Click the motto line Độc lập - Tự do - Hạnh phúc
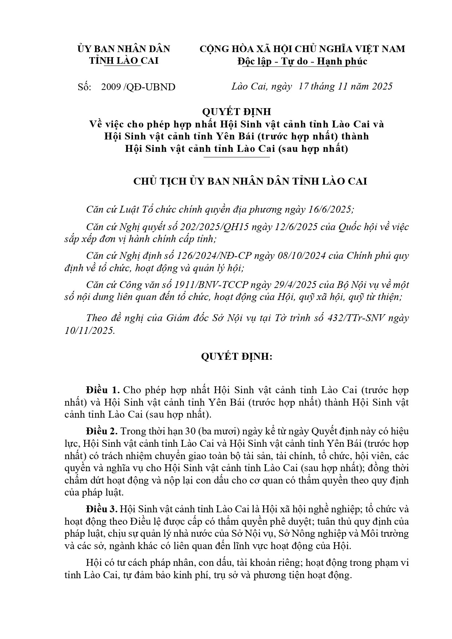click(302, 61)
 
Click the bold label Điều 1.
click(103, 390)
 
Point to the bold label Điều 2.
click(102, 431)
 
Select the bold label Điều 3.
click(102, 509)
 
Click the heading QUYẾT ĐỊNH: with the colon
click(237, 357)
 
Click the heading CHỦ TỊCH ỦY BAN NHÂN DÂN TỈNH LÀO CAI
click(250, 181)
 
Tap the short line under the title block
click(237, 157)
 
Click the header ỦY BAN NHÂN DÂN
click(124, 49)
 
